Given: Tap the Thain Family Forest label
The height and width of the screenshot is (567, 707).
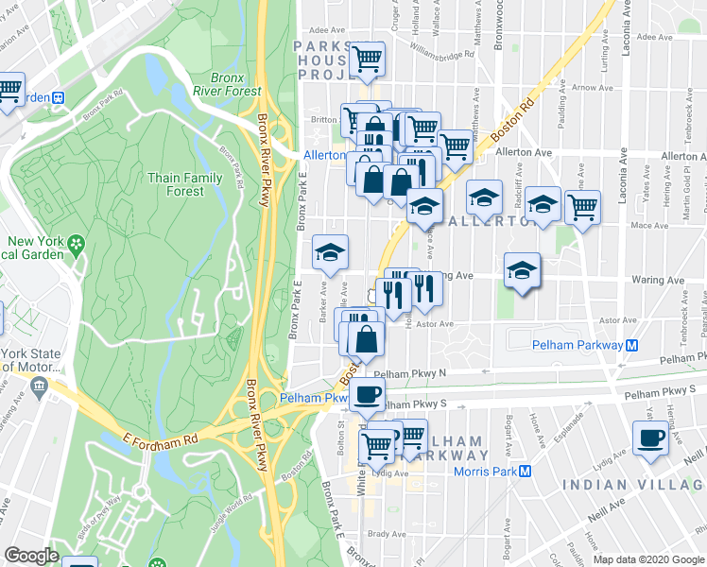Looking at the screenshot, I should [x=184, y=184].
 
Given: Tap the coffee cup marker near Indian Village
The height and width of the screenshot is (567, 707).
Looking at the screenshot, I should [x=650, y=438].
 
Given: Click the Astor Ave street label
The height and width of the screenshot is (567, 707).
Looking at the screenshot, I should [x=435, y=323].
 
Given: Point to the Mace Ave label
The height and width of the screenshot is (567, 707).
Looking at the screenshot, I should [x=648, y=225].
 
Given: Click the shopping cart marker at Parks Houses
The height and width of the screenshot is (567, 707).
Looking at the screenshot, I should [x=367, y=59].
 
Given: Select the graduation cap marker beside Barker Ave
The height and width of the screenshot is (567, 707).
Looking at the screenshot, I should [x=330, y=250].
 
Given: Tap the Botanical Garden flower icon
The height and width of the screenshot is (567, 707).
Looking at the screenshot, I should [x=77, y=244].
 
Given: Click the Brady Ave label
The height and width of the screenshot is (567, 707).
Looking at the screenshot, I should [x=387, y=534].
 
